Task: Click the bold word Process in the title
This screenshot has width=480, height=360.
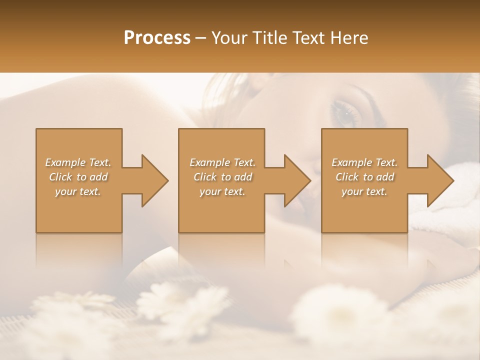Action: coord(157,38)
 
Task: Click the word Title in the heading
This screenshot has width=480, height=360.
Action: coord(269,38)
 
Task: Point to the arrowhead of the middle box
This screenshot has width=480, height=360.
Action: coord(297,180)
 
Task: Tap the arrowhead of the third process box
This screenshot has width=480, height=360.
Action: coord(440,180)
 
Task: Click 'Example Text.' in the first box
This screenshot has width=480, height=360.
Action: coord(78,162)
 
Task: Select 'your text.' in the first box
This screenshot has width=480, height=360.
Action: coord(78,191)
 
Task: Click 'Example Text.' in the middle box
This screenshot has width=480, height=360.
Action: coord(222,162)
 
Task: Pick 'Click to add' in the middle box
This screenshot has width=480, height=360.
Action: coord(222,177)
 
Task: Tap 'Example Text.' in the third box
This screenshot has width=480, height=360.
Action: coord(364,162)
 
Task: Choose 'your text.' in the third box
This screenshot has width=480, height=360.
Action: coord(364,191)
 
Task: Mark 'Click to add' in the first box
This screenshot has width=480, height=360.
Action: coord(78,177)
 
